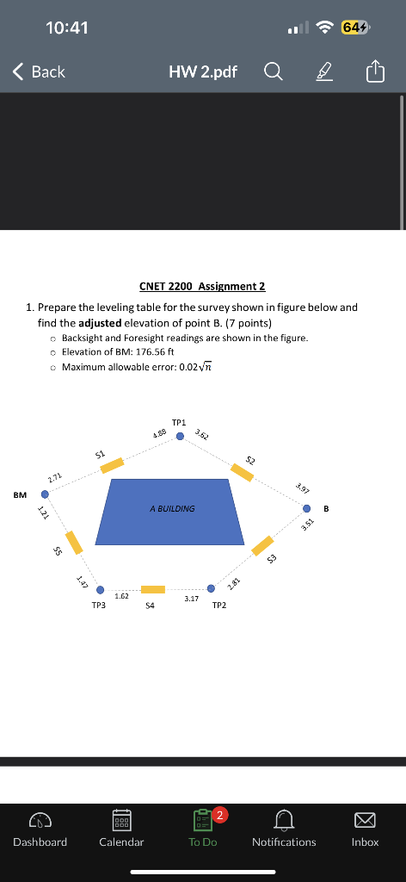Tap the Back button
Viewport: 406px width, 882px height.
tap(40, 72)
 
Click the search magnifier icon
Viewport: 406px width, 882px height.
tap(273, 72)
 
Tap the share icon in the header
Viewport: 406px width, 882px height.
tap(376, 72)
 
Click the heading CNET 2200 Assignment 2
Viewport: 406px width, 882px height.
tap(202, 286)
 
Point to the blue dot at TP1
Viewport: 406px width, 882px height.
tap(180, 436)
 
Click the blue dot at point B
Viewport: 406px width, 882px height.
tap(306, 507)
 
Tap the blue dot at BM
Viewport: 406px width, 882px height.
tap(45, 494)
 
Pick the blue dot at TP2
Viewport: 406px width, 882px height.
tap(211, 589)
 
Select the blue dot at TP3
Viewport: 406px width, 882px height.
tap(101, 591)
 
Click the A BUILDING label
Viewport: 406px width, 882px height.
tap(172, 509)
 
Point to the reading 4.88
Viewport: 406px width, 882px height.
tap(159, 433)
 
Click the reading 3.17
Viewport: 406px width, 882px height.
tap(192, 597)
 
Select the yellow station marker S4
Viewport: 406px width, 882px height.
tap(153, 589)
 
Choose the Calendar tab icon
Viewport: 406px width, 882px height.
tap(121, 817)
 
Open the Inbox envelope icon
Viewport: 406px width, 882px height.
tap(365, 817)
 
